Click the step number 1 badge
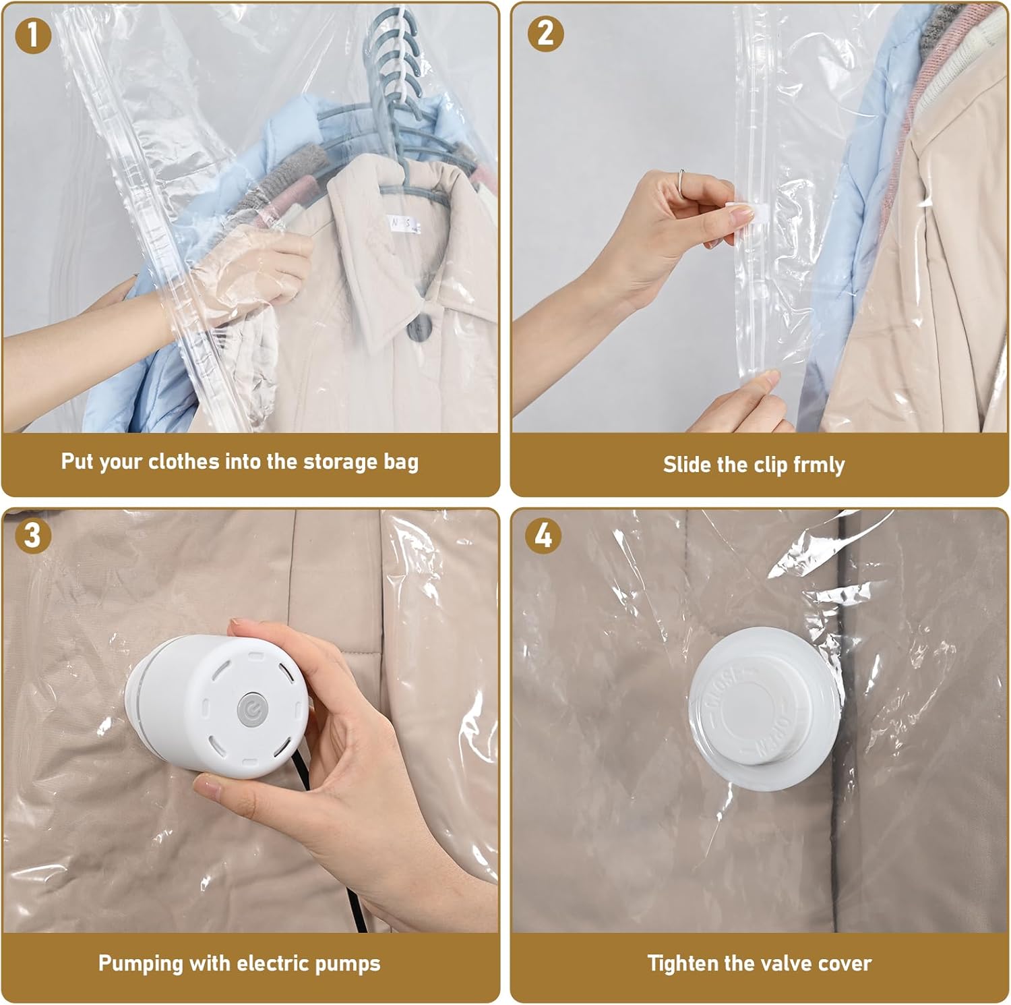point(32,34)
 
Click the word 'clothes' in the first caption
point(184,462)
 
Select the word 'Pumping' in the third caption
point(141,964)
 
